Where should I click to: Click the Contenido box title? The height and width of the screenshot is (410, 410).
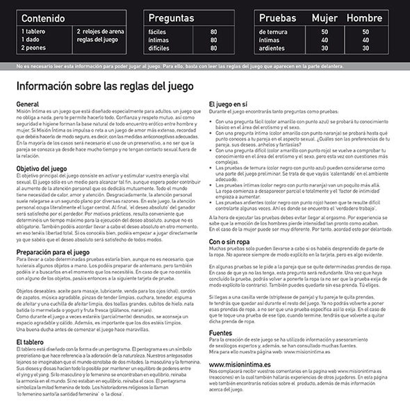click(43, 18)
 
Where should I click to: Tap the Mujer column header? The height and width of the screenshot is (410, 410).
click(324, 18)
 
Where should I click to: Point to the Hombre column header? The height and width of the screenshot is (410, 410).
click(365, 18)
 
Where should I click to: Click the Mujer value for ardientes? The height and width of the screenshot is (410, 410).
click(324, 48)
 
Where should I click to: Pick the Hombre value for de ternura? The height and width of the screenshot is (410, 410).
click(365, 31)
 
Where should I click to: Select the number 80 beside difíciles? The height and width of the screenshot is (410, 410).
click(213, 48)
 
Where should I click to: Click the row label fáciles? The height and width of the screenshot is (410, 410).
click(157, 31)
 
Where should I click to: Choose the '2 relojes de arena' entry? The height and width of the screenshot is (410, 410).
click(100, 30)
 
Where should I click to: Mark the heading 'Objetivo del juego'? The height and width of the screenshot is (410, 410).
click(41, 169)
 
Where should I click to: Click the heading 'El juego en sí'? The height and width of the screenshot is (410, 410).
click(228, 104)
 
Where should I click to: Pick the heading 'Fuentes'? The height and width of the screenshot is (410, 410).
click(220, 332)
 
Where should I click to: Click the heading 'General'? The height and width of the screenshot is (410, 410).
click(28, 104)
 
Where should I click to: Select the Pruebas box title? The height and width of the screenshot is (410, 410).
click(277, 18)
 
